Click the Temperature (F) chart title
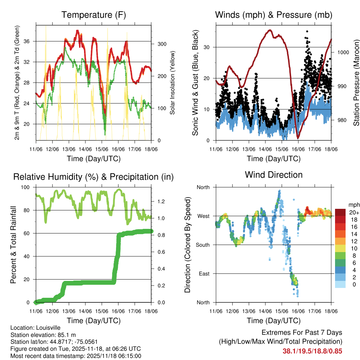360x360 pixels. click(x=94, y=15)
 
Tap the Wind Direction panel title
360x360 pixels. click(x=274, y=174)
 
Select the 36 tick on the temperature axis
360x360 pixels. click(x=31, y=41)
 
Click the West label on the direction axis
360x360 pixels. click(x=204, y=216)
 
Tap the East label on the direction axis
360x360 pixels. click(x=204, y=274)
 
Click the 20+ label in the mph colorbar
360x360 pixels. click(x=353, y=212)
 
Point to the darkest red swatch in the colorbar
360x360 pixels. click(x=340, y=212)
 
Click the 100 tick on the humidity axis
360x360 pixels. click(x=28, y=187)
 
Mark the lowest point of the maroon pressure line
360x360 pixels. click(x=298, y=137)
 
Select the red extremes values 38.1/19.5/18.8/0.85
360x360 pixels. click(x=312, y=351)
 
